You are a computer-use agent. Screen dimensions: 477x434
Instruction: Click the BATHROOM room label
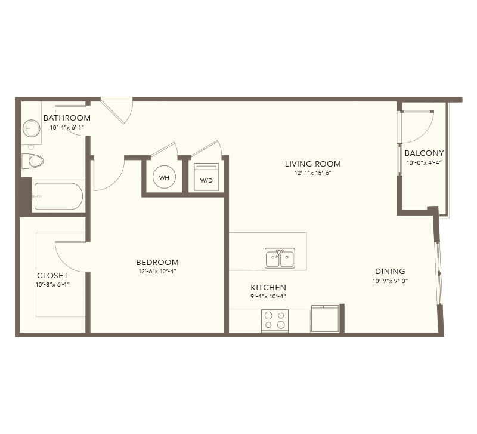tap(67, 118)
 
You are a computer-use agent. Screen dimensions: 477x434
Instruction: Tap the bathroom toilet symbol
tap(33, 161)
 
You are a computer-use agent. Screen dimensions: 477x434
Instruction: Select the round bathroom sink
tap(32, 128)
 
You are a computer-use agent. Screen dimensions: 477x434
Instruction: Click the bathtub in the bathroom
tap(58, 196)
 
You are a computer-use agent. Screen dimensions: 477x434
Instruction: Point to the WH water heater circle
tap(165, 177)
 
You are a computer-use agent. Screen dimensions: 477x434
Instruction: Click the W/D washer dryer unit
tap(206, 177)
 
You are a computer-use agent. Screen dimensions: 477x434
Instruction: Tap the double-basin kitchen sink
tap(280, 258)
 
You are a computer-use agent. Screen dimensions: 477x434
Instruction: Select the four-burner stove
tap(275, 321)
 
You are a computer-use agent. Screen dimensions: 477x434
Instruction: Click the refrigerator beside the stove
tap(325, 319)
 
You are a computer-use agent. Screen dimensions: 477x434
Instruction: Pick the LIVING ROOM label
tap(312, 164)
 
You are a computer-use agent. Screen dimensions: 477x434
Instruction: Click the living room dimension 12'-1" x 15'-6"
tap(312, 173)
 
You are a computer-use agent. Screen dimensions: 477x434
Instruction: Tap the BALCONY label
tap(424, 153)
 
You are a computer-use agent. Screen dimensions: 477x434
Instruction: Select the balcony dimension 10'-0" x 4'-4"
tap(424, 162)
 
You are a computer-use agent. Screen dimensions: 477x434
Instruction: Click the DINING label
tap(390, 272)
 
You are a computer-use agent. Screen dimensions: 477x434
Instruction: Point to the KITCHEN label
tap(268, 287)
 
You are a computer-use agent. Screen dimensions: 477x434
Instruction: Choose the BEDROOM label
tap(157, 262)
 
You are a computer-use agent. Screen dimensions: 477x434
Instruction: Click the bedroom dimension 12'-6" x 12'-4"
tap(157, 272)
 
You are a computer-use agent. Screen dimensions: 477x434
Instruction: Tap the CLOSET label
tap(52, 276)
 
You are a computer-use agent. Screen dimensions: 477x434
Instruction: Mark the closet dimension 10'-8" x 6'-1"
tap(52, 285)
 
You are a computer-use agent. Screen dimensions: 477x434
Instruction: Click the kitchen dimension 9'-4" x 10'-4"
tap(268, 296)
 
